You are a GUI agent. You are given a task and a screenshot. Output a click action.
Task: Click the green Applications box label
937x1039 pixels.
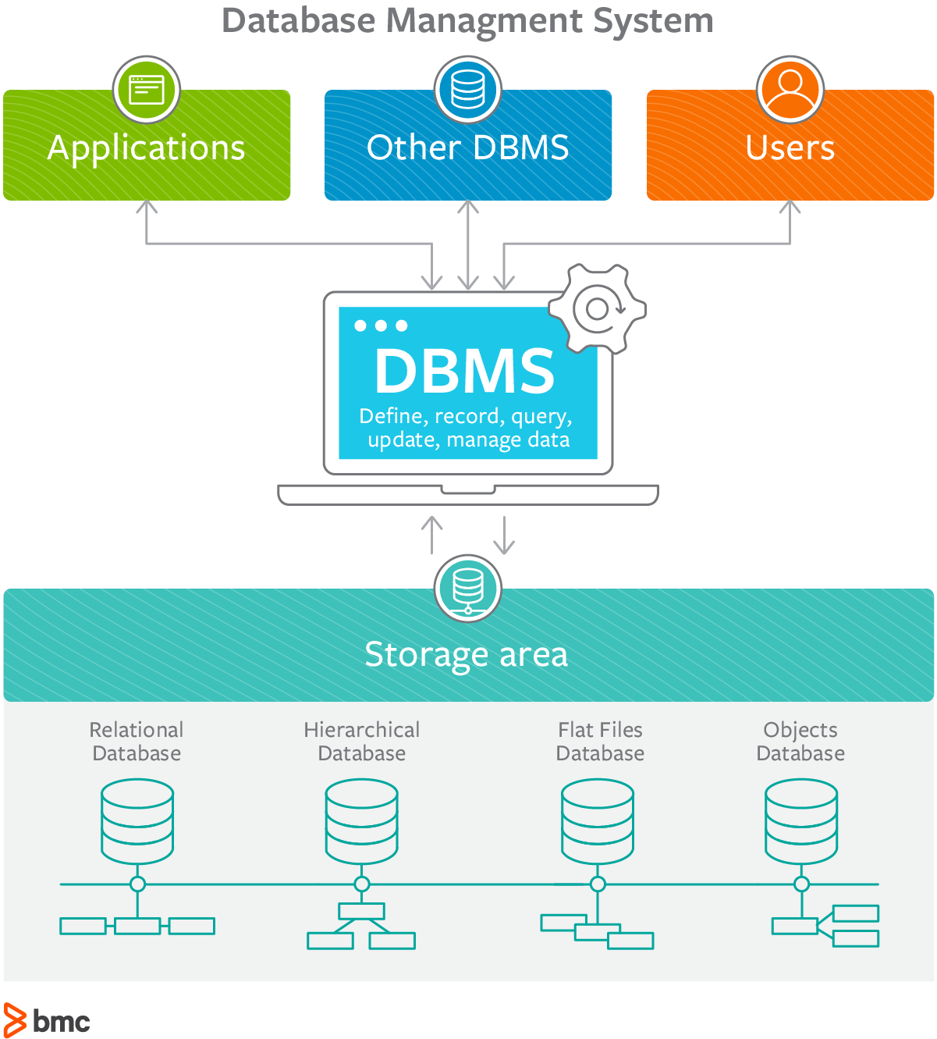click(147, 148)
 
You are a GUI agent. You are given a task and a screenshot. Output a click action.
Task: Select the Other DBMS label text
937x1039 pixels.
click(468, 148)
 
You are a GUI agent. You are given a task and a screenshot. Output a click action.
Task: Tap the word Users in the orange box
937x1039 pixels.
click(790, 148)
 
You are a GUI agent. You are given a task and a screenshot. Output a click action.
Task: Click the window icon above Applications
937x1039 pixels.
click(147, 90)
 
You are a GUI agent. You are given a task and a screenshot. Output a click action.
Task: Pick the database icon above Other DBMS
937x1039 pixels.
click(468, 90)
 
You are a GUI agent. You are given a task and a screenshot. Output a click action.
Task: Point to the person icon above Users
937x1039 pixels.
click(790, 90)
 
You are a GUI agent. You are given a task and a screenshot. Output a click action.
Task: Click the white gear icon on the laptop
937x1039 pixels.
click(598, 309)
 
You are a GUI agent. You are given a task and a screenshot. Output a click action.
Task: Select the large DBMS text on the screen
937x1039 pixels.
click(465, 371)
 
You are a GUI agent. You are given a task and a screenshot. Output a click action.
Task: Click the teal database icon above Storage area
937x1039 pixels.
click(468, 588)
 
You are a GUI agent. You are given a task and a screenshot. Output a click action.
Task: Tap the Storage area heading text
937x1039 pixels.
click(467, 654)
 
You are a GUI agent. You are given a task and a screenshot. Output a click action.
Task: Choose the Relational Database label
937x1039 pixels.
click(137, 742)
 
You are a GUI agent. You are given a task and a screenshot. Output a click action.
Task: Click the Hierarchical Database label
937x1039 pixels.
click(362, 742)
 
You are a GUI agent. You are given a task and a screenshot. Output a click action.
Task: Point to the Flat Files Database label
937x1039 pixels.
click(600, 742)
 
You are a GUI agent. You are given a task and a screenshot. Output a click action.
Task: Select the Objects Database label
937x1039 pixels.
click(800, 742)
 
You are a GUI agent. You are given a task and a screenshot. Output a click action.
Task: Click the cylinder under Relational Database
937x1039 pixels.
click(137, 821)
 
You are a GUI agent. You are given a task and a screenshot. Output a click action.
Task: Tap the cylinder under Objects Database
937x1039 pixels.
click(801, 821)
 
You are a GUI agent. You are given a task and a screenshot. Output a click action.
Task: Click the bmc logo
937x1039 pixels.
click(47, 1020)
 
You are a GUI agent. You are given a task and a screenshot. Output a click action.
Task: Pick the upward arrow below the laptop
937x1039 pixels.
click(432, 534)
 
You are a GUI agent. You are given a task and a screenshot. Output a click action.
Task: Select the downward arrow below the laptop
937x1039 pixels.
click(505, 536)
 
